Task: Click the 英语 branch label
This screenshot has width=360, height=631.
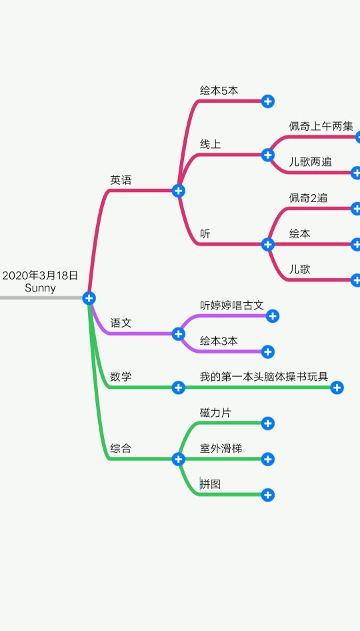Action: (121, 180)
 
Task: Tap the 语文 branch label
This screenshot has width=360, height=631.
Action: (121, 323)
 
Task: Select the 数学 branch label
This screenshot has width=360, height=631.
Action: (121, 377)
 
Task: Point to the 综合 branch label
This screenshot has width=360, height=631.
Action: (121, 448)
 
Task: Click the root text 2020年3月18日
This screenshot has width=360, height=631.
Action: (40, 275)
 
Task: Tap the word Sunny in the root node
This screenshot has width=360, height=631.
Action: (40, 288)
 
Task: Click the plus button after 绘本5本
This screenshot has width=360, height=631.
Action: (268, 101)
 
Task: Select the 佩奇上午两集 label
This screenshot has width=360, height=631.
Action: (321, 126)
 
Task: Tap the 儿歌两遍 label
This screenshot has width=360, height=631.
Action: (310, 162)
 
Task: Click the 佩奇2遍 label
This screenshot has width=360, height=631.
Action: (308, 197)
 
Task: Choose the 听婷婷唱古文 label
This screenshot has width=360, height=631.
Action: (232, 305)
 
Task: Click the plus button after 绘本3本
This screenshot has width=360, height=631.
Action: (268, 352)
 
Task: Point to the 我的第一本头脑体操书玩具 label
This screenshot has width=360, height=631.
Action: (264, 377)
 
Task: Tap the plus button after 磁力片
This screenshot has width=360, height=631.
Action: (268, 424)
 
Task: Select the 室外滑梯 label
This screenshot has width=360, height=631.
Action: (221, 448)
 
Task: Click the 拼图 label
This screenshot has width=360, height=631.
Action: (211, 484)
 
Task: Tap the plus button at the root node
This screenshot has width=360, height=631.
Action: (89, 298)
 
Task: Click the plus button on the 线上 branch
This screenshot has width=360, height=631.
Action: (268, 155)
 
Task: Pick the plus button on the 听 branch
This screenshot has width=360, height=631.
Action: (268, 244)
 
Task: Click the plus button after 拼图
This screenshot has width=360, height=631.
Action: (268, 495)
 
